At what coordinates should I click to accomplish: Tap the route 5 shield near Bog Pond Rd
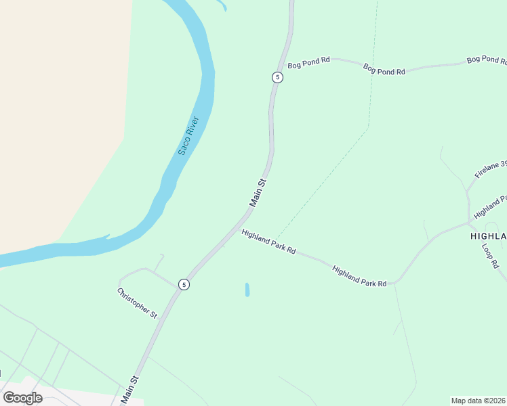[x=277, y=77]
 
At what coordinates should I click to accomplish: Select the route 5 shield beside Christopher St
[x=184, y=285]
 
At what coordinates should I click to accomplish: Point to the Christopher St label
[x=137, y=303]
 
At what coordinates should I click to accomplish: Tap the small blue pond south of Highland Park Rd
[x=247, y=290]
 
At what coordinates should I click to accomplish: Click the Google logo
[x=22, y=398]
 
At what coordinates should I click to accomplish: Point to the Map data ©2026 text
[x=478, y=401]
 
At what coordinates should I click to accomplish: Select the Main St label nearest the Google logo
[x=129, y=390]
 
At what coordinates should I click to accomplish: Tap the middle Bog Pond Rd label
[x=384, y=69]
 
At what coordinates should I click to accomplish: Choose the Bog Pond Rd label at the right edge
[x=487, y=60]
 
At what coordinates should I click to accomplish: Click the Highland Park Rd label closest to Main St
[x=268, y=241]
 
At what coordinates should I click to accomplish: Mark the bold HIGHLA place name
[x=488, y=236]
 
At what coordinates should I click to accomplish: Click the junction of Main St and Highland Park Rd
[x=239, y=225]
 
